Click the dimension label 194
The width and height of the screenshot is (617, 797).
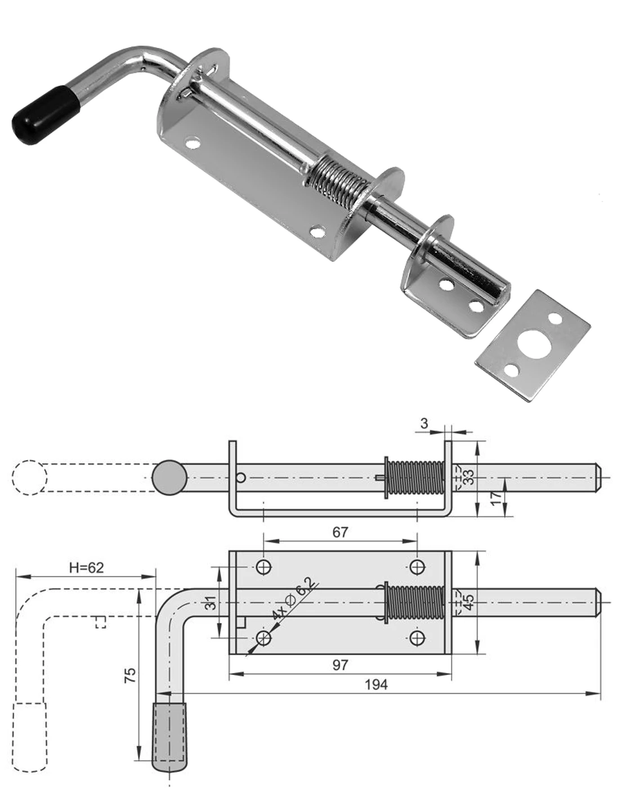(x=376, y=684)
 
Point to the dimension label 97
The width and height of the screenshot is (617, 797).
(x=340, y=665)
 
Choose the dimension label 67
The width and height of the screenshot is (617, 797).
(x=340, y=531)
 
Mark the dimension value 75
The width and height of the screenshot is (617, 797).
(x=129, y=675)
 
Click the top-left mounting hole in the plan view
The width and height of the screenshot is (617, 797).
(x=264, y=567)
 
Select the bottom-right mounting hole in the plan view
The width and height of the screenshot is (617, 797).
(x=417, y=638)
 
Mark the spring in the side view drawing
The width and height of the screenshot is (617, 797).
(x=417, y=478)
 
